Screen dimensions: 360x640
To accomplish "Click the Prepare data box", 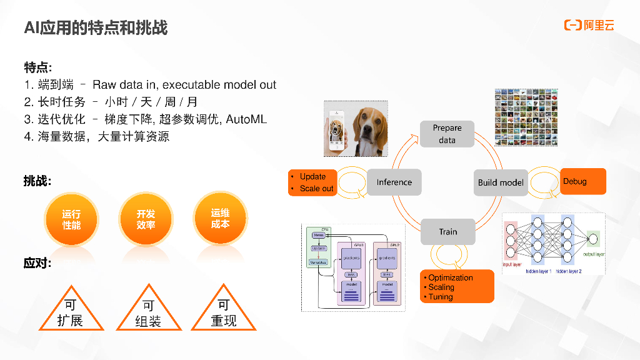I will tap(447, 134).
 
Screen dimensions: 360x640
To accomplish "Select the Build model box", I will tap(501, 182).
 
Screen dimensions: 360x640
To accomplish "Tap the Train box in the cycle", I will tap(447, 232).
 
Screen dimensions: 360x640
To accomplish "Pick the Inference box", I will tap(394, 182).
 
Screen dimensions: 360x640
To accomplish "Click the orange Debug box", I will tap(582, 181).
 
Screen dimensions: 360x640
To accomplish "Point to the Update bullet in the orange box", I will tap(312, 176).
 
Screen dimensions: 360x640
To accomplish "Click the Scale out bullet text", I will tap(316, 188).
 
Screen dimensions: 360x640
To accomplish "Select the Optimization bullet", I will tap(450, 277).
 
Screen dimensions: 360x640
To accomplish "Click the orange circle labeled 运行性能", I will tap(71, 219).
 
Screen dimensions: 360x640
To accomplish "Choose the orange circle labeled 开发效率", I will tap(146, 219).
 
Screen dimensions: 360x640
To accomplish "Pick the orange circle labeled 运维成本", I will tap(220, 219).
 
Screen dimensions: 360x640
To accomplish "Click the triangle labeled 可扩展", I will tap(70, 312).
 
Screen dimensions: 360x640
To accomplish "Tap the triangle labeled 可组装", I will tap(148, 312).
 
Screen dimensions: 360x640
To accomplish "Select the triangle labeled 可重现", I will tap(224, 312).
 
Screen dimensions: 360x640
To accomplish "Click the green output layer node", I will tap(592, 239).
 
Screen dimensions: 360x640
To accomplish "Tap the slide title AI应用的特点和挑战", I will tap(96, 27).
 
